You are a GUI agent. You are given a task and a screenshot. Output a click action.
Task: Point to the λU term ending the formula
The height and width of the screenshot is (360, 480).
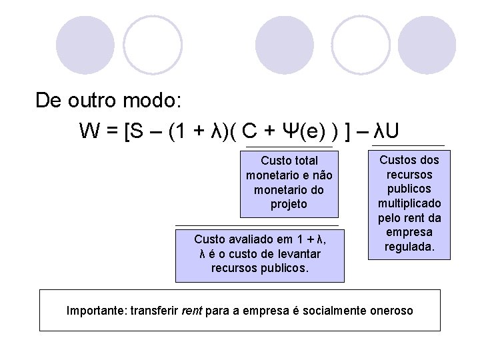[x=387, y=130]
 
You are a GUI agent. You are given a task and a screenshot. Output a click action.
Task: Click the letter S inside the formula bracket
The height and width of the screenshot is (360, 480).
[x=135, y=130]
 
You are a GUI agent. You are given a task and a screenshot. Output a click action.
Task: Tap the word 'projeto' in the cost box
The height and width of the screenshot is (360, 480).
[x=289, y=204]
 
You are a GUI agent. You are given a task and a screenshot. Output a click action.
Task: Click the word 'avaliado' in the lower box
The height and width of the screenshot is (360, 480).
[x=252, y=239]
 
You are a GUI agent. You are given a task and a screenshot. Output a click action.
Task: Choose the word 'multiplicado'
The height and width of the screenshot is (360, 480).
[x=409, y=203]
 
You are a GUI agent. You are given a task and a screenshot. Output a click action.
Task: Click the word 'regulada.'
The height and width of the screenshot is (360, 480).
[x=409, y=247]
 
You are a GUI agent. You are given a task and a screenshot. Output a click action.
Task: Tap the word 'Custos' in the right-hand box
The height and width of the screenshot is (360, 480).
[x=397, y=159]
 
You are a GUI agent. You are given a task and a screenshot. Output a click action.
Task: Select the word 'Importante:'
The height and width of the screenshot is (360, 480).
[x=97, y=310]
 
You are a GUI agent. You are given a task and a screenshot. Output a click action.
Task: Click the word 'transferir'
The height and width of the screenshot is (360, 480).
[x=154, y=310]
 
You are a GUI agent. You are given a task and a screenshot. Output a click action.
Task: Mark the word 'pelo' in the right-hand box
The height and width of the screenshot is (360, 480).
[x=390, y=217]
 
